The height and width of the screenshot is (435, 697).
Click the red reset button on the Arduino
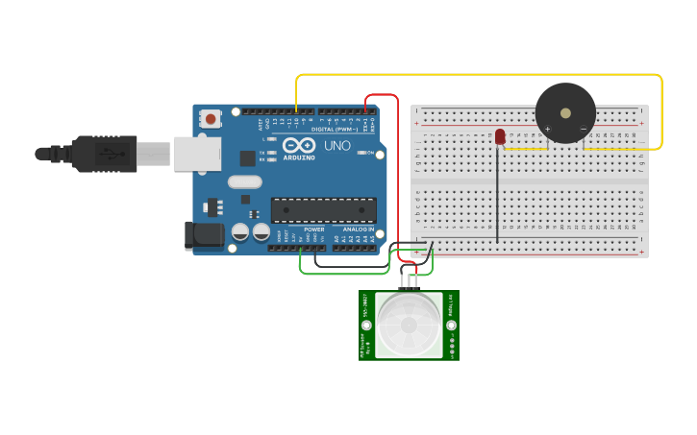point(211,119)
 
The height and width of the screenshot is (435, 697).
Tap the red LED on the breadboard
point(500,137)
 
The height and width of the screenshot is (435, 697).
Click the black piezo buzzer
point(565,113)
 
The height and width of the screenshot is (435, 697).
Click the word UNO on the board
point(336,146)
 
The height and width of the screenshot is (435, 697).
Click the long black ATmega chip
point(323,209)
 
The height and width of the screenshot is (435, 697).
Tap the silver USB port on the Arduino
point(197,154)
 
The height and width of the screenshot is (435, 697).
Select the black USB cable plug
point(106,154)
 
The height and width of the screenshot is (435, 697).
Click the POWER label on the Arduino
point(314,230)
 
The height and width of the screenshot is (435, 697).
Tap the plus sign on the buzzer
point(547,128)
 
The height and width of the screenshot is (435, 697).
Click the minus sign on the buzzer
point(583,128)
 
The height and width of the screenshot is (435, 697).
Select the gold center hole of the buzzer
point(565,112)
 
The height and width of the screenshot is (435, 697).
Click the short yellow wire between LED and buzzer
point(526,149)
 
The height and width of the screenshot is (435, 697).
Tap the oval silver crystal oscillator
point(245,181)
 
